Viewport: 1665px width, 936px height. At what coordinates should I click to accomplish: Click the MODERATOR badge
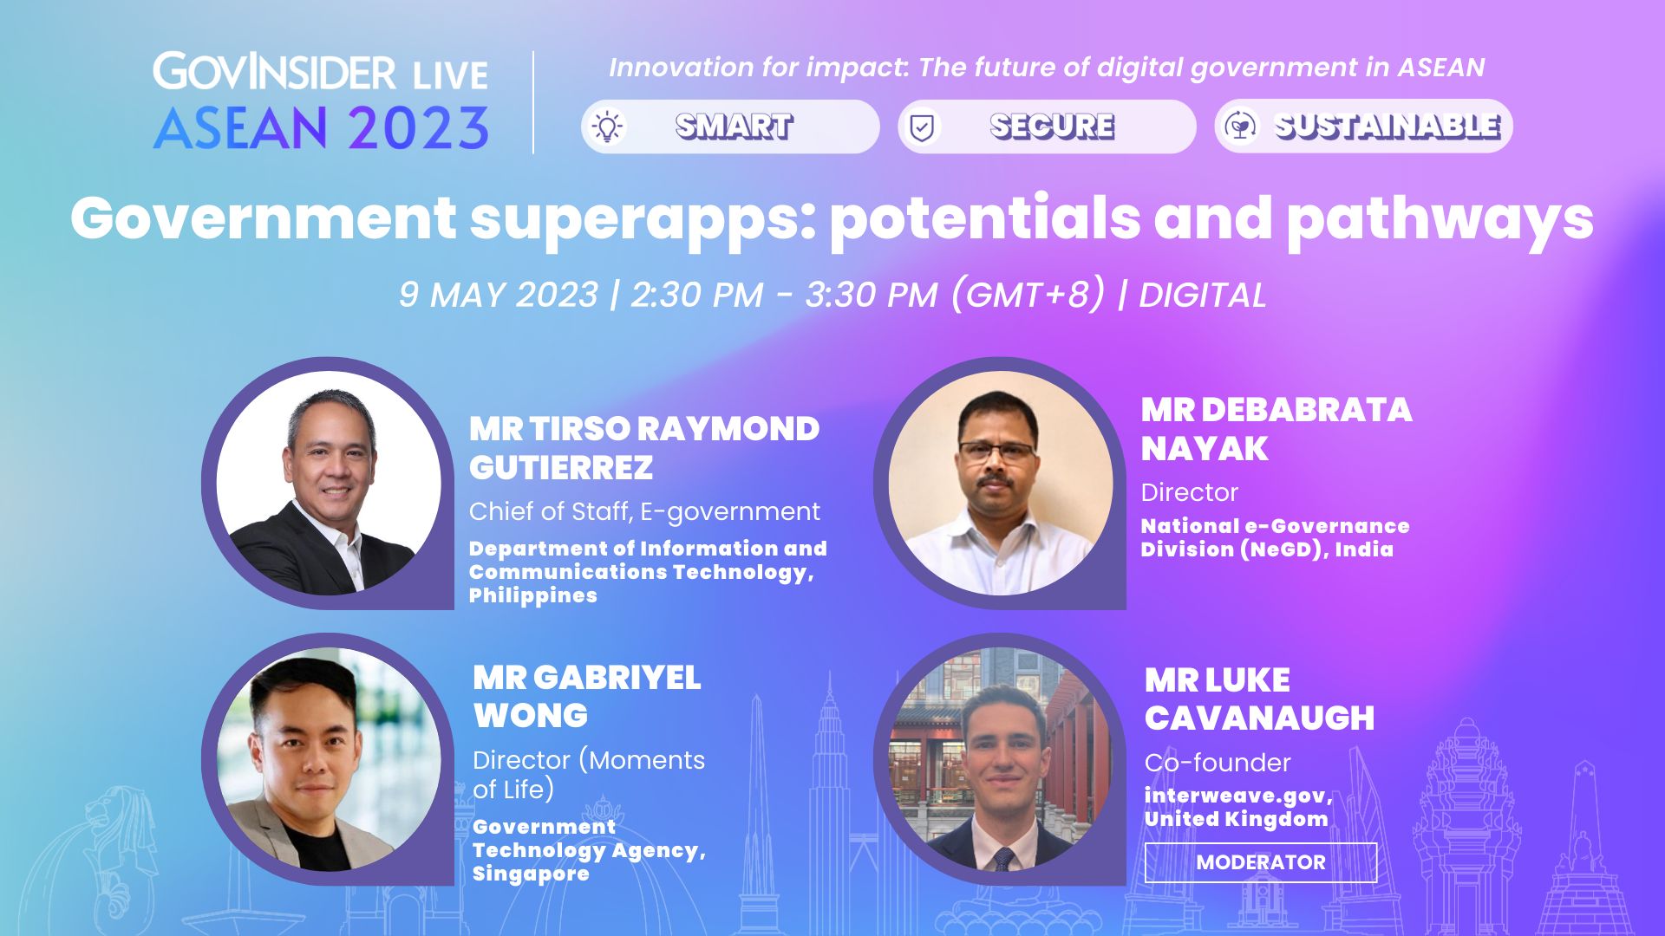click(1260, 862)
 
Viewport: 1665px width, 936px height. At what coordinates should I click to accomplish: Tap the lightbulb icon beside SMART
click(607, 127)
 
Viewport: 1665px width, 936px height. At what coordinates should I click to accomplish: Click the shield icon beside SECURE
click(922, 127)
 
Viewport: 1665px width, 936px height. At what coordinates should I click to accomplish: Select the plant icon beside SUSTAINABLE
click(1241, 127)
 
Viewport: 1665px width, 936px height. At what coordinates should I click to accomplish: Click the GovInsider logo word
click(275, 71)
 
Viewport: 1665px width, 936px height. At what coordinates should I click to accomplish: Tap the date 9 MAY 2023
click(499, 295)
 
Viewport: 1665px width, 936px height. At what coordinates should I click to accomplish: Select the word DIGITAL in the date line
click(1202, 296)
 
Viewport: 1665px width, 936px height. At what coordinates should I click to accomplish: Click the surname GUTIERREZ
click(561, 468)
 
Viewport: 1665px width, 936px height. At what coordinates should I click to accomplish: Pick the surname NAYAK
click(1205, 449)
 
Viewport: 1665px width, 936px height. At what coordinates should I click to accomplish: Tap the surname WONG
click(531, 716)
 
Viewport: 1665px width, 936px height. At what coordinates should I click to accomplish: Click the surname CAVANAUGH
click(1259, 718)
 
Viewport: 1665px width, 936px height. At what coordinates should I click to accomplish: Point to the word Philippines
click(533, 595)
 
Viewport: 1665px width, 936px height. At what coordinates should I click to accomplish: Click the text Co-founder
click(1218, 763)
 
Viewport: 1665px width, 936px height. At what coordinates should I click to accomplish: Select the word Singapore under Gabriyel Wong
click(531, 874)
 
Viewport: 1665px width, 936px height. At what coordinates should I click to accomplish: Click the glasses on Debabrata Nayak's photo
click(997, 452)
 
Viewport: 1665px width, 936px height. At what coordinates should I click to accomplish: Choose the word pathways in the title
click(1440, 219)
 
